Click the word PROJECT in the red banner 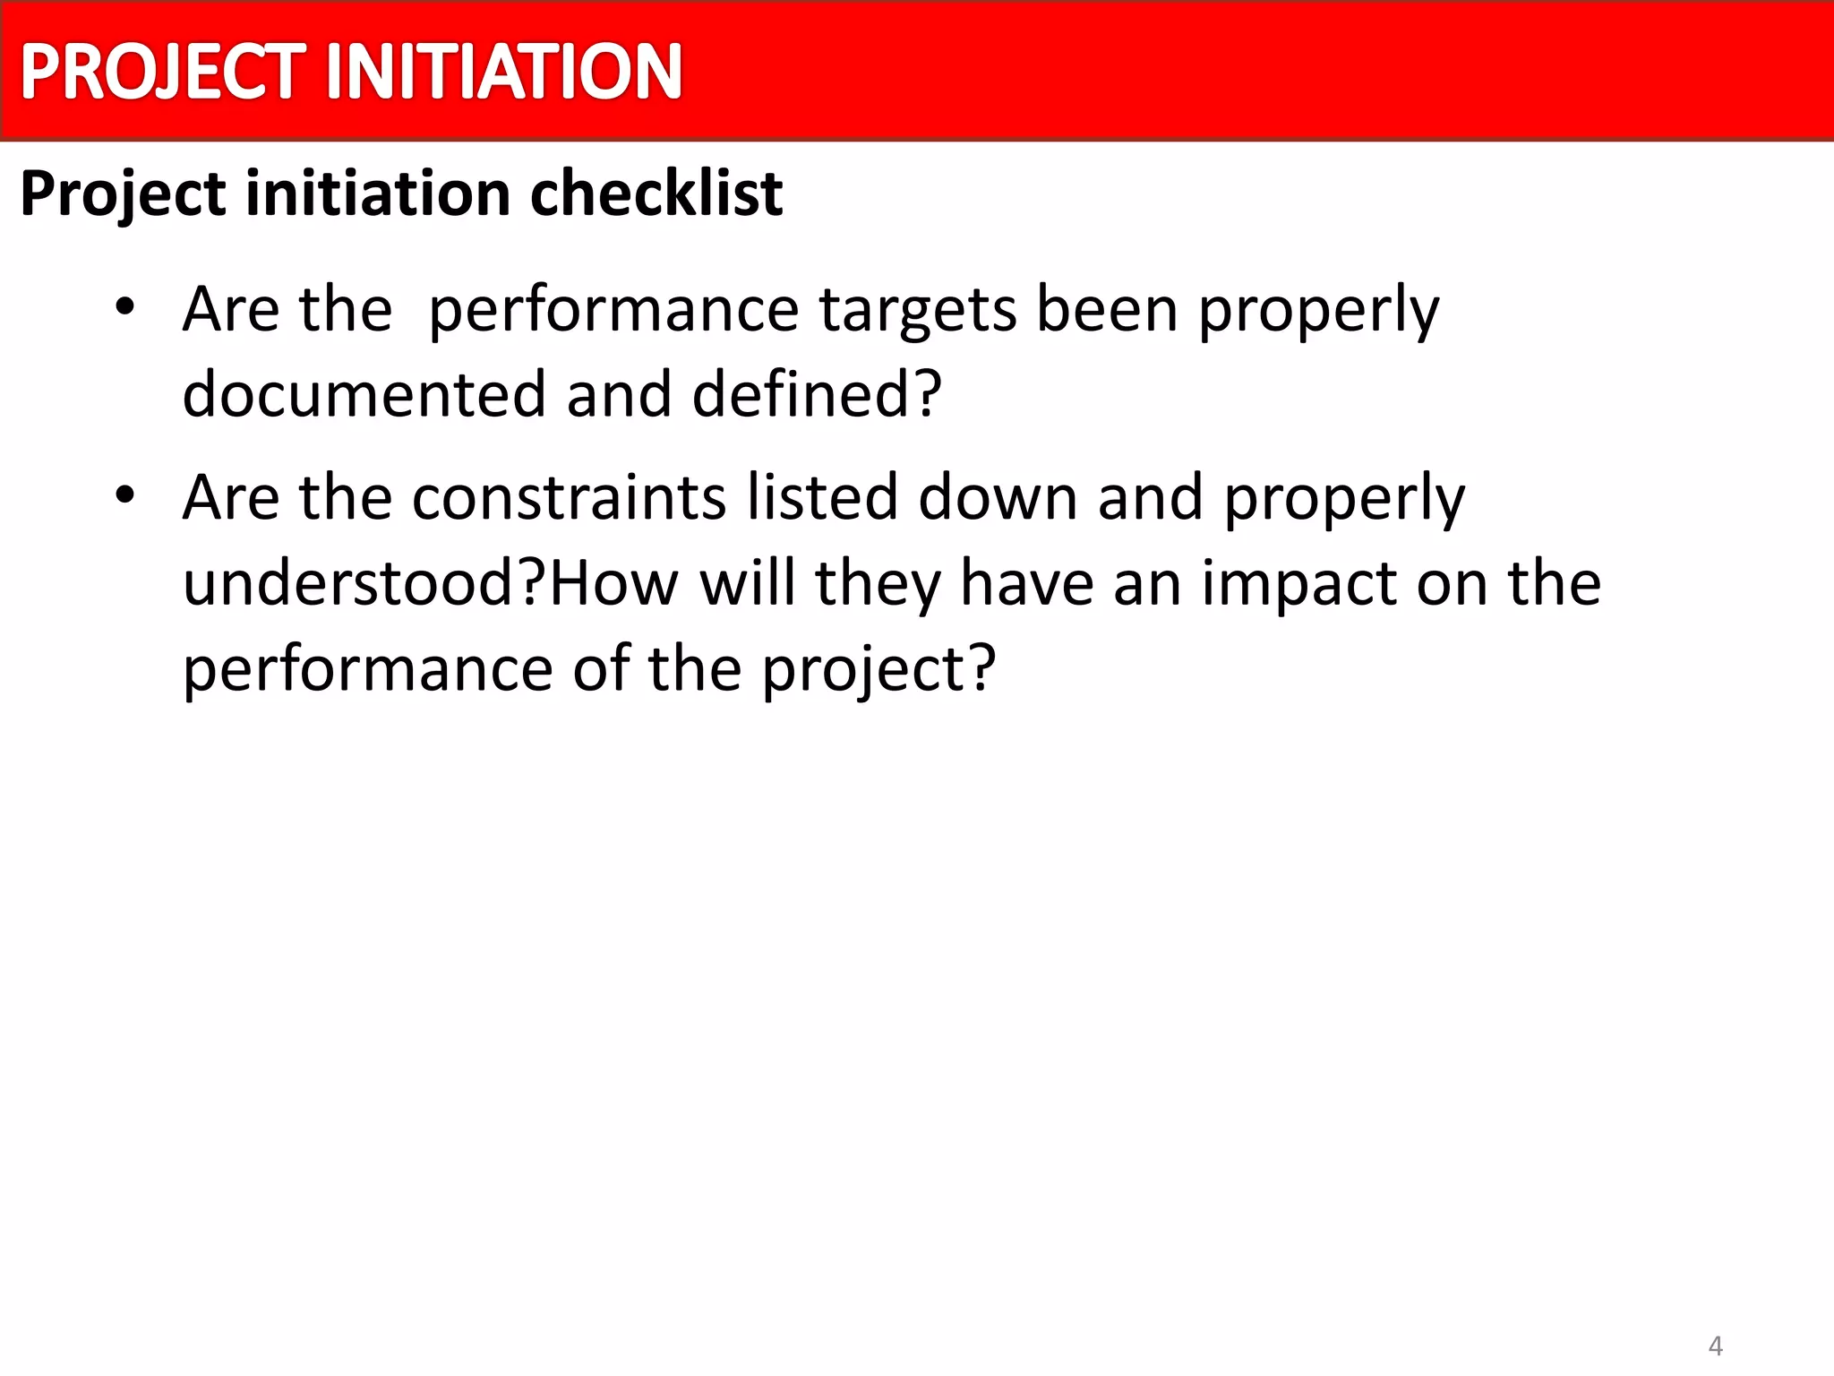point(162,72)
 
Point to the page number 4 point(1716,1346)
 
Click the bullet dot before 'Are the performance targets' point(124,307)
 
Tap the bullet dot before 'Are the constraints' point(124,494)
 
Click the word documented point(364,394)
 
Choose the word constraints point(569,497)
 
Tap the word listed point(822,497)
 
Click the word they point(878,584)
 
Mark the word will point(748,582)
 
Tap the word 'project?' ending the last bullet point(878,670)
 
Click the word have point(1027,582)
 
